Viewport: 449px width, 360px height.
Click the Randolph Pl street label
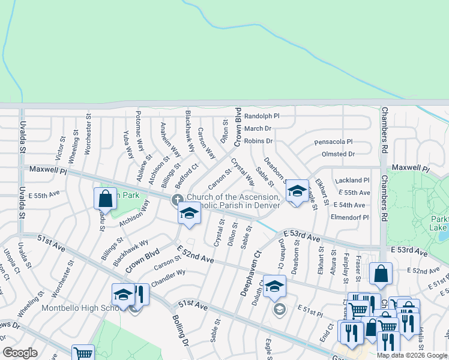click(x=262, y=116)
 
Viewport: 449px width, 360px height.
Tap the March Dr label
click(x=258, y=128)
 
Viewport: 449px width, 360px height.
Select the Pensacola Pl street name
click(x=333, y=142)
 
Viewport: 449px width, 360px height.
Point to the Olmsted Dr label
click(x=339, y=154)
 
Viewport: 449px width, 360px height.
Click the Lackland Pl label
click(x=353, y=180)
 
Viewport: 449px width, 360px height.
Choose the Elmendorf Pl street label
click(x=350, y=217)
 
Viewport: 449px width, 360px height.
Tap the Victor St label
click(x=60, y=148)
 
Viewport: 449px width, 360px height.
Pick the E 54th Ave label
click(x=349, y=205)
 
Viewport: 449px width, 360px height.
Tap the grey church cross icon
click(x=177, y=199)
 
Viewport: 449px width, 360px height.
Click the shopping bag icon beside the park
click(x=105, y=198)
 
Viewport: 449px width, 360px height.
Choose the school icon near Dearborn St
click(x=297, y=191)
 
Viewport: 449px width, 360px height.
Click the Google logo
click(x=20, y=353)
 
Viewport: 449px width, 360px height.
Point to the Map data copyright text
click(x=412, y=355)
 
